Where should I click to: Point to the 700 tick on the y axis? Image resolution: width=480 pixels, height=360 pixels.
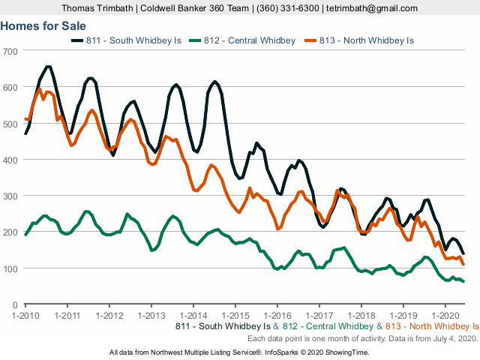[x=12, y=51]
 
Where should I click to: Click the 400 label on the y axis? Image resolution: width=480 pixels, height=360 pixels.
[x=12, y=160]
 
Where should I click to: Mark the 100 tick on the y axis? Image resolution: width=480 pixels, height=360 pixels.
[x=12, y=268]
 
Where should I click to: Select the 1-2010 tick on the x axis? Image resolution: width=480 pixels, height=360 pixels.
[x=25, y=316]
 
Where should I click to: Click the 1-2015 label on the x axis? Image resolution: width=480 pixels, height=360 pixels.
[x=235, y=316]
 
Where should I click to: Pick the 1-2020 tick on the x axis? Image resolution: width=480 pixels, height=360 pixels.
[x=445, y=316]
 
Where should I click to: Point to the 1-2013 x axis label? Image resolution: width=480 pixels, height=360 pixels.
[x=151, y=316]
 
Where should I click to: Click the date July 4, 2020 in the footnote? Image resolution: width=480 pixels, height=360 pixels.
[x=454, y=339]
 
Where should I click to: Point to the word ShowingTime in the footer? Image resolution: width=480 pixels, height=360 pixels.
[x=344, y=352]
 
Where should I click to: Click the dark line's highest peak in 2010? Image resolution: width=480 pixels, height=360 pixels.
[x=48, y=67]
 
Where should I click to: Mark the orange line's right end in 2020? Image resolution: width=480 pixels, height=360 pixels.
[x=463, y=264]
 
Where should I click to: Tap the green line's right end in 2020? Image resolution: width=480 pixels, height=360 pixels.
[x=463, y=281]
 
